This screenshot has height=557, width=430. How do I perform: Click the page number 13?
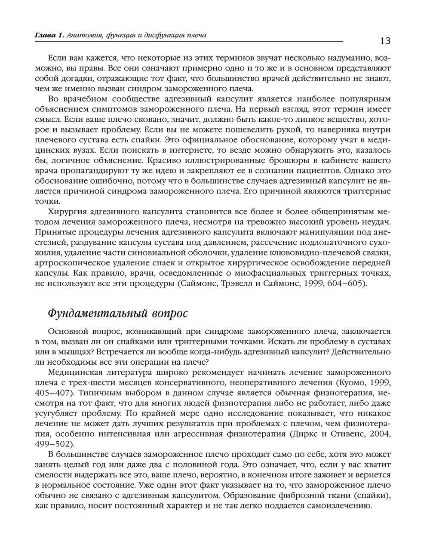point(385,41)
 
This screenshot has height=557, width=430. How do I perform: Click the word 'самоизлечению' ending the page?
point(340,506)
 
